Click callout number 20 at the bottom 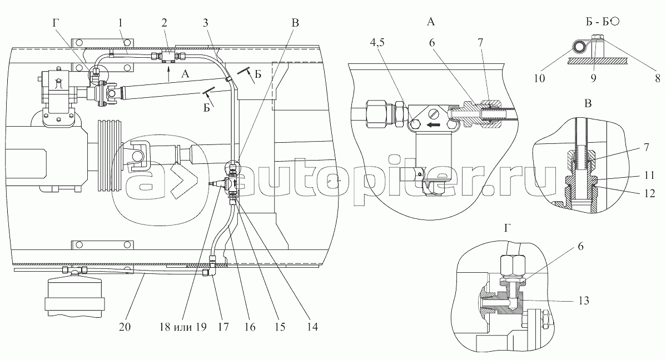click(x=125, y=327)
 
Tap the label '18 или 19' click(x=183, y=327)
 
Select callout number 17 click(x=223, y=327)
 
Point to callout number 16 click(x=250, y=327)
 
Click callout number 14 click(x=312, y=327)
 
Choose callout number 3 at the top click(x=205, y=23)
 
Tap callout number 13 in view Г click(x=584, y=301)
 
